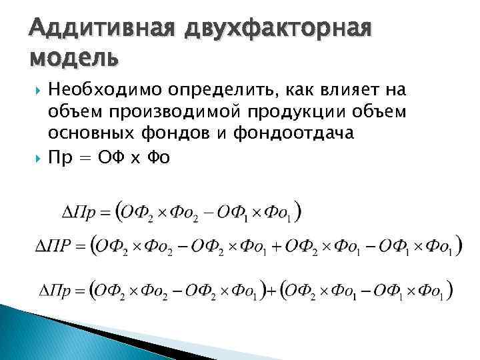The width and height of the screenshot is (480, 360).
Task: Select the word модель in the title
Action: click(73, 59)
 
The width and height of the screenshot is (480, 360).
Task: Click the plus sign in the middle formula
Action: click(276, 247)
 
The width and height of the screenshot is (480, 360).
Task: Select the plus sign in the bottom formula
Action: click(270, 291)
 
